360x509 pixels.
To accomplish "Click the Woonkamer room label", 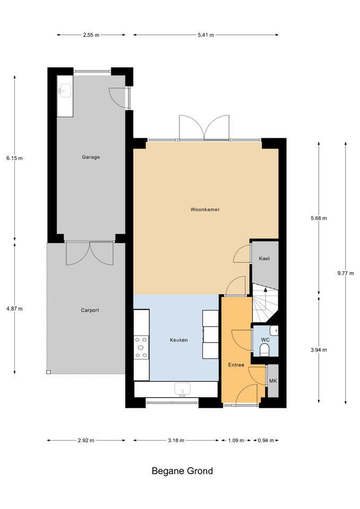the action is [x=205, y=209].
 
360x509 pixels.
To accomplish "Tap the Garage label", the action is [x=91, y=157].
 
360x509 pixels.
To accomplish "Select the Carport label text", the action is [x=90, y=310].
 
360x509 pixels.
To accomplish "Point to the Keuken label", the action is [x=179, y=340].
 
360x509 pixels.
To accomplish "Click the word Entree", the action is [x=236, y=365].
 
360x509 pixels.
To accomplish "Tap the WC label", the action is [x=265, y=340].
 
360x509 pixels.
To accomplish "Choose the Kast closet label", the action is [x=264, y=259].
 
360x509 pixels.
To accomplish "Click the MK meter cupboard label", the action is [x=273, y=381].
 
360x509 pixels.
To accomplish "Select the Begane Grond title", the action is [x=182, y=471].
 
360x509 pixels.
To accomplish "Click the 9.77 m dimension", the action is [x=345, y=274].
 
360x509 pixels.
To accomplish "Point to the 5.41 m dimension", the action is [x=206, y=35].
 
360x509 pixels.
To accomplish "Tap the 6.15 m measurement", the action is [x=15, y=159].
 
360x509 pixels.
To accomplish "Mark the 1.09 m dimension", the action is [x=236, y=441].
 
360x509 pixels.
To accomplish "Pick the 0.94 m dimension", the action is [x=266, y=441].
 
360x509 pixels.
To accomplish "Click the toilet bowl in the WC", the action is [x=265, y=350].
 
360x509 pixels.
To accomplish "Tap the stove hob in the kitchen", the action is [x=141, y=347].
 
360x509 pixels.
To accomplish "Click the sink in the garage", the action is [x=66, y=90].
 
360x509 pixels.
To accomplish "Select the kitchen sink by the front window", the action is [x=182, y=389].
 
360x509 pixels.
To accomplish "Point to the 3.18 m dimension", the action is [x=176, y=441].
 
